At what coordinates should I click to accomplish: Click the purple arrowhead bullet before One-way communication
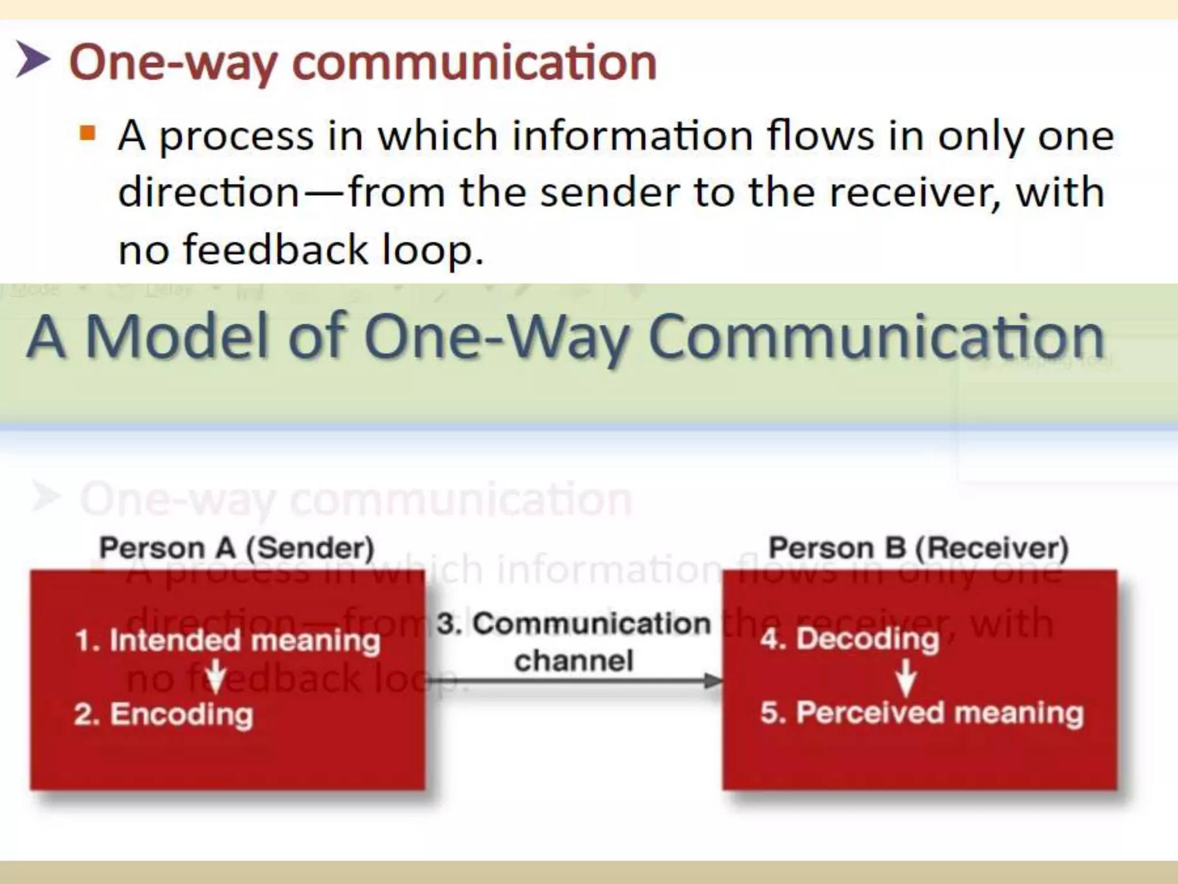tap(32, 59)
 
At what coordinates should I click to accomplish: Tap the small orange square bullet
tap(87, 134)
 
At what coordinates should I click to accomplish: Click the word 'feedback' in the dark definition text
tap(276, 249)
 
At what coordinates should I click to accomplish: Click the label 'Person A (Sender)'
tap(236, 547)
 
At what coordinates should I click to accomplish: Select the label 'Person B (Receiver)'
tap(919, 547)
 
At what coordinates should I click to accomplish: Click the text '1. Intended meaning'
tap(228, 640)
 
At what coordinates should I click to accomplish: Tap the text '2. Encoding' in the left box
tap(164, 714)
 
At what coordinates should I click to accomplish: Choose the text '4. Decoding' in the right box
tap(850, 638)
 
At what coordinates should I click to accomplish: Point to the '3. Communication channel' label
tap(573, 641)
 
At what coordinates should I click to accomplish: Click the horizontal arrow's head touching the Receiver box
tap(713, 681)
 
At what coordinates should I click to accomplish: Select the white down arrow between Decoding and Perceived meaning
tap(907, 678)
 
